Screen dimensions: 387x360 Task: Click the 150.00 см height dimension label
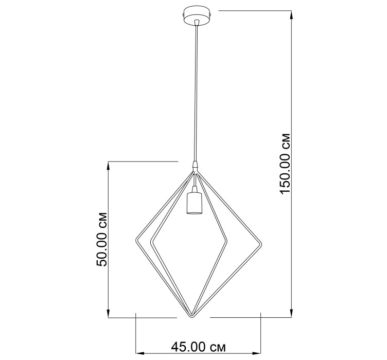click(x=285, y=164)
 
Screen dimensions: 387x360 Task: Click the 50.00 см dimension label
click(x=102, y=239)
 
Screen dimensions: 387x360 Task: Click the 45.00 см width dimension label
click(x=199, y=347)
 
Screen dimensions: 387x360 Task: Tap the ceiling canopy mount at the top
click(x=197, y=16)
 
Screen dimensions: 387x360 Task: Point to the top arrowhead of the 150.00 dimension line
click(x=291, y=15)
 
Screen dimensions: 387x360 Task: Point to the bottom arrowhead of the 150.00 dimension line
click(x=291, y=313)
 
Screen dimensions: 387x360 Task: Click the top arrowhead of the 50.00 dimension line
click(x=108, y=166)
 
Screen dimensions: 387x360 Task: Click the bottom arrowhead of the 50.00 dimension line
click(x=108, y=313)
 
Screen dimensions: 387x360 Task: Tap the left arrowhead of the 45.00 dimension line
click(x=140, y=353)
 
